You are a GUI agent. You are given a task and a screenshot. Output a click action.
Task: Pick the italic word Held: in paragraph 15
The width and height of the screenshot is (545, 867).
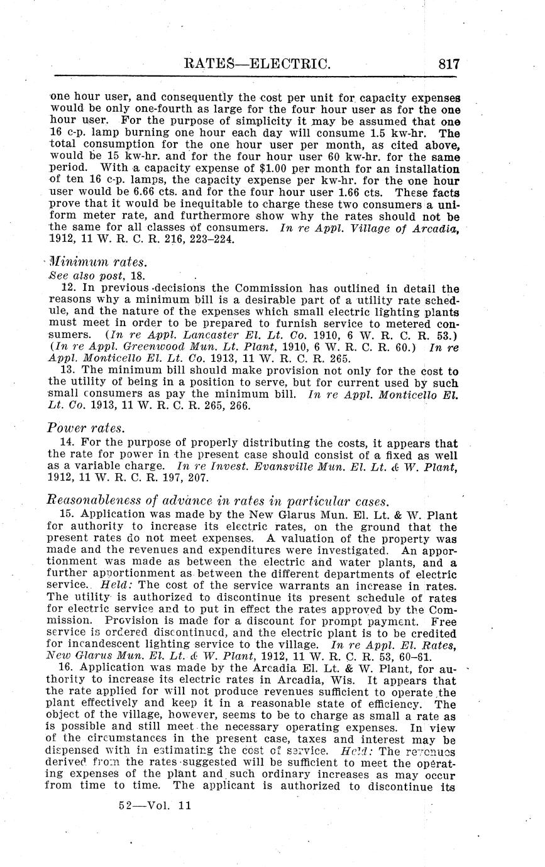[x=114, y=582]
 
